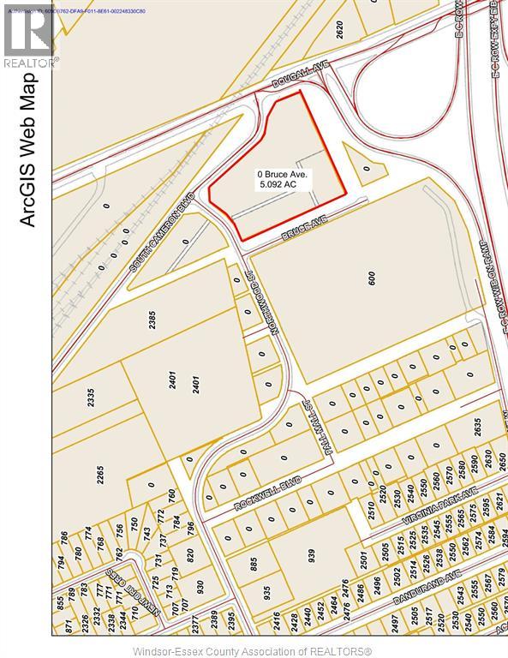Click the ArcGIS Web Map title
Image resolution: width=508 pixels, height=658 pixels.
pos(27,150)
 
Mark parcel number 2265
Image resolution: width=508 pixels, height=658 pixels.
pos(99,475)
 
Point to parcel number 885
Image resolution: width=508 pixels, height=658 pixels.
pos(254,565)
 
